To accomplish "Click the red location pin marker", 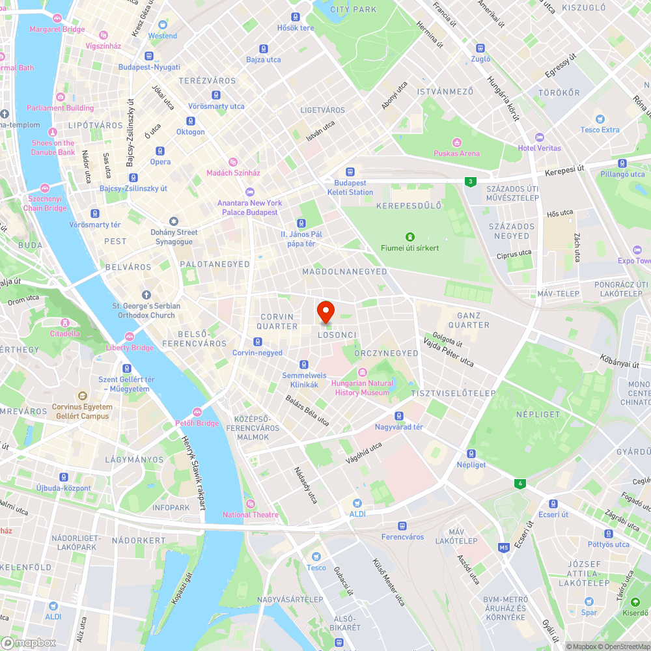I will pyautogui.click(x=325, y=312).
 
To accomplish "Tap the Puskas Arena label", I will pyautogui.click(x=456, y=154).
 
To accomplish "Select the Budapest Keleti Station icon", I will pyautogui.click(x=351, y=172).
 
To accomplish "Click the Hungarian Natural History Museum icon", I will pyautogui.click(x=363, y=372).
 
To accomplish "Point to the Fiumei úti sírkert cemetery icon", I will pyautogui.click(x=410, y=237).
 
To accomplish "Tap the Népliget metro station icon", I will pyautogui.click(x=471, y=454).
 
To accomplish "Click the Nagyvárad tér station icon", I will pyautogui.click(x=399, y=416).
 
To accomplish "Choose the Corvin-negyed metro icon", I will pyautogui.click(x=258, y=342).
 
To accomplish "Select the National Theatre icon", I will pyautogui.click(x=251, y=504).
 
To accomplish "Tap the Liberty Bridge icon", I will pyautogui.click(x=130, y=337).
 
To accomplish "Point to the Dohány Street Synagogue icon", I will pyautogui.click(x=173, y=221).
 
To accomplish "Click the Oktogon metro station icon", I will pyautogui.click(x=191, y=120).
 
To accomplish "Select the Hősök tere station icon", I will pyautogui.click(x=296, y=17).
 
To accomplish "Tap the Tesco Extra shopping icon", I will pyautogui.click(x=600, y=119).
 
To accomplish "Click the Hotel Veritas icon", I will pyautogui.click(x=539, y=137).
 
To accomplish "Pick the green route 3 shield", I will pyautogui.click(x=470, y=182).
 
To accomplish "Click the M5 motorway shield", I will pyautogui.click(x=504, y=547).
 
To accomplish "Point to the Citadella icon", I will pyautogui.click(x=64, y=323).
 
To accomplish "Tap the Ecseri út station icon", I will pyautogui.click(x=553, y=503).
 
